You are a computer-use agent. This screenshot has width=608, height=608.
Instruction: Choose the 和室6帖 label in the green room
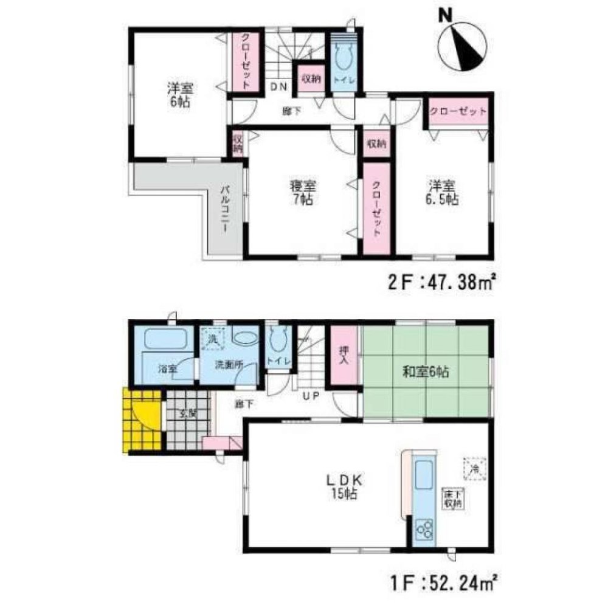tap(426, 371)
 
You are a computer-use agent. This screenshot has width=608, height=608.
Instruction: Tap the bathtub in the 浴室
tap(164, 339)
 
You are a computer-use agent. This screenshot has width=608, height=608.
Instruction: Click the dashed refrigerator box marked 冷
tap(476, 468)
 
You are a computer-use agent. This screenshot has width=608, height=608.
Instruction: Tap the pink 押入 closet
tap(344, 356)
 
